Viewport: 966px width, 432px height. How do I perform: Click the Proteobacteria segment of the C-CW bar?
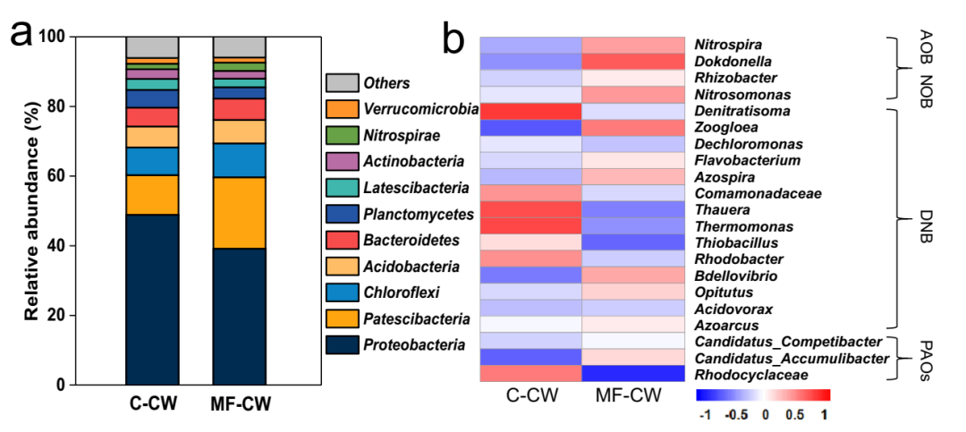(x=152, y=299)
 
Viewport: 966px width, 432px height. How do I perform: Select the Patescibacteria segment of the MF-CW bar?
(x=239, y=213)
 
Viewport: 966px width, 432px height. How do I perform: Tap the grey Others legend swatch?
(x=341, y=83)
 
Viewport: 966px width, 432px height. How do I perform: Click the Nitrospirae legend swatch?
(x=341, y=136)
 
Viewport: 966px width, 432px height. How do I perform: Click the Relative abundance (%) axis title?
(x=31, y=211)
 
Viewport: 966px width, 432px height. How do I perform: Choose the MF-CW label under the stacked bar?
(x=239, y=405)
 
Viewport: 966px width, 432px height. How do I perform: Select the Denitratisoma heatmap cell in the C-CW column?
(x=530, y=111)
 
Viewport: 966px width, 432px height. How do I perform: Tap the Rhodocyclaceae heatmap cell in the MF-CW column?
(x=633, y=375)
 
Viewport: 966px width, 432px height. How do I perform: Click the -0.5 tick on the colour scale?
(x=734, y=416)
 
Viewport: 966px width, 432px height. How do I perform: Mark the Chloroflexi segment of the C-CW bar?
(x=152, y=161)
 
